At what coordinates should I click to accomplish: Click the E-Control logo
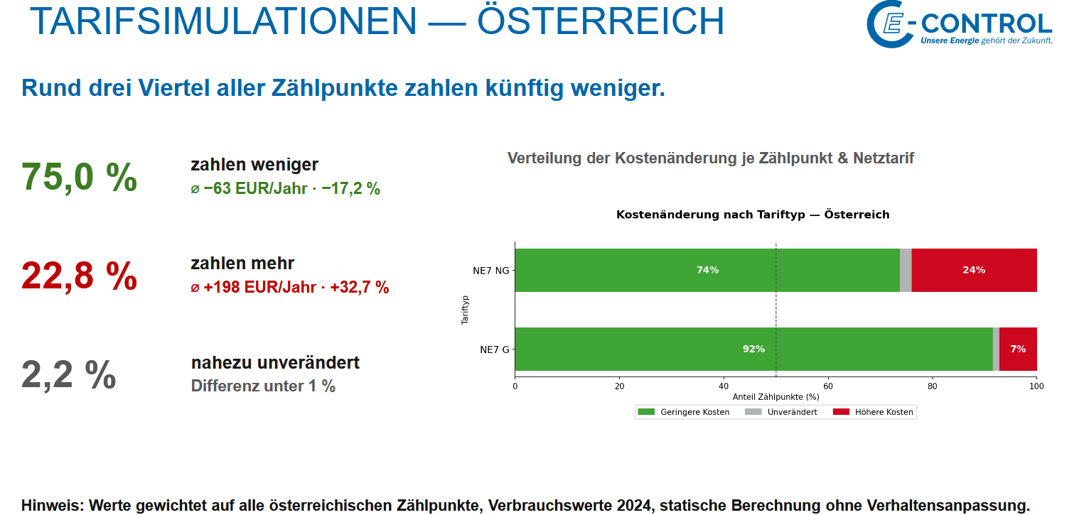959,24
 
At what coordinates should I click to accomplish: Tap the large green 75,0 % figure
80,177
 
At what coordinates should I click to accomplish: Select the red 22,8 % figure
80,276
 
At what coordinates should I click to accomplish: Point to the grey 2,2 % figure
69,374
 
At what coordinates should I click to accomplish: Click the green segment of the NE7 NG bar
707,271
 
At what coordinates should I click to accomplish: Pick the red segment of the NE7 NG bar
974,271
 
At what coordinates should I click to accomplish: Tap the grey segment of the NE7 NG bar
906,271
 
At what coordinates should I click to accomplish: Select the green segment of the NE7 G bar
754,349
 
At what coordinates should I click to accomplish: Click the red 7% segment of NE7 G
1018,349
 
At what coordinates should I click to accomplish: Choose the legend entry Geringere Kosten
683,412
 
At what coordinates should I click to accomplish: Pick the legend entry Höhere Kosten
873,412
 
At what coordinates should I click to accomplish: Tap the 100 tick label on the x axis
1036,386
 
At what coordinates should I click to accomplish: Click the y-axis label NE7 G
495,349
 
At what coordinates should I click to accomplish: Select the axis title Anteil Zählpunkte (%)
776,397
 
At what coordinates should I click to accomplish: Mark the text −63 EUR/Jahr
255,188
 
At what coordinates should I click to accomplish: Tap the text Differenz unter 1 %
263,386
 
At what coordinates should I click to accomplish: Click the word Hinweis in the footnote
53,505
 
